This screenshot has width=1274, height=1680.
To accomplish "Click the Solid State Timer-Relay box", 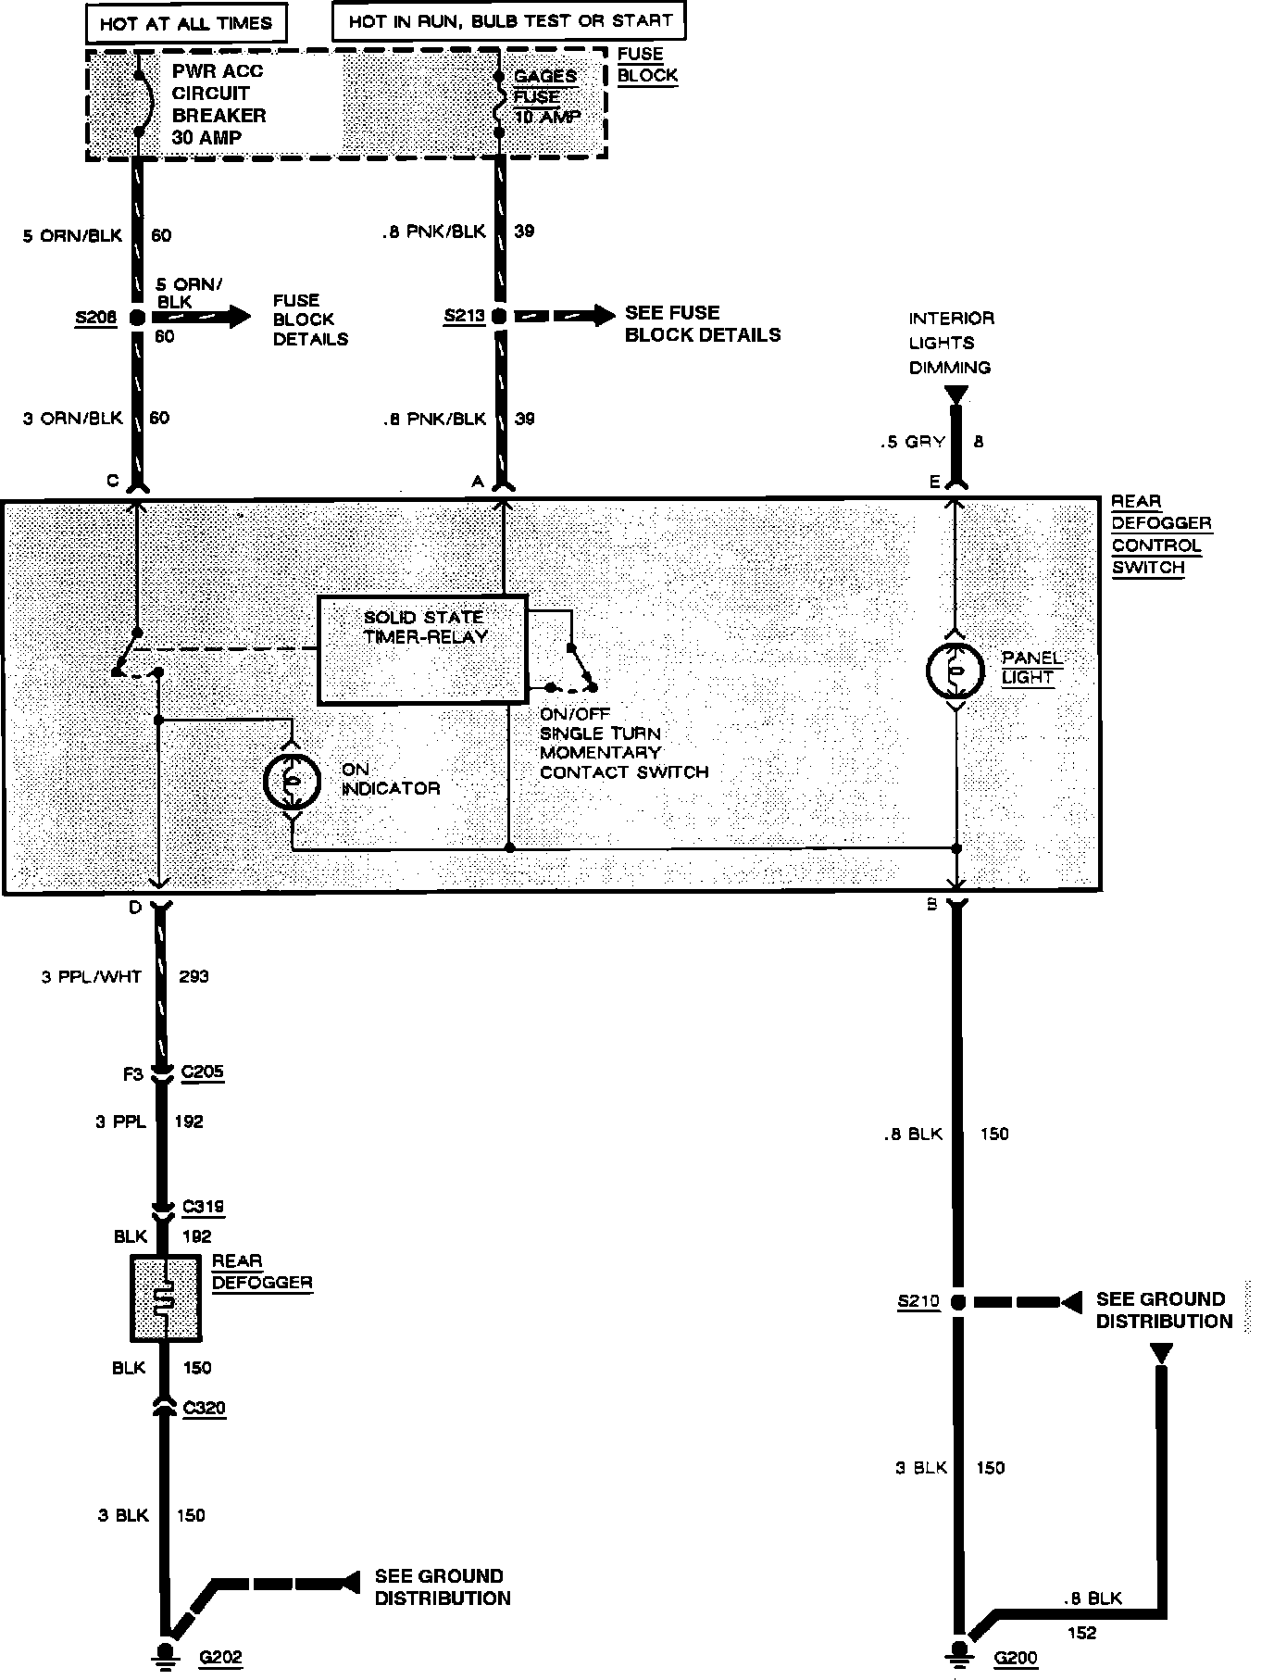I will pyautogui.click(x=422, y=648).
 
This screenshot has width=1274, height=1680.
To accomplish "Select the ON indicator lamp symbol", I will pyautogui.click(x=292, y=782).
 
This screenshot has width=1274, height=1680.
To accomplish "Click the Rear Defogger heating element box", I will pyautogui.click(x=166, y=1298).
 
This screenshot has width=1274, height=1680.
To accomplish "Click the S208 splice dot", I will pyautogui.click(x=137, y=318).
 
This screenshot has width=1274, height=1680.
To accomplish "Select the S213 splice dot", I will pyautogui.click(x=499, y=317).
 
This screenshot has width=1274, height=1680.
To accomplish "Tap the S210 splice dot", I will pyautogui.click(x=958, y=1302).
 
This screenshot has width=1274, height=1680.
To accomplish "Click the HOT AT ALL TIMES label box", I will pyautogui.click(x=186, y=23).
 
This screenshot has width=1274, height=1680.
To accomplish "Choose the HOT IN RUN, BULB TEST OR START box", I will pyautogui.click(x=509, y=20).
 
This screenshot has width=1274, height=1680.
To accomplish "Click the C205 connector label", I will pyautogui.click(x=203, y=1072).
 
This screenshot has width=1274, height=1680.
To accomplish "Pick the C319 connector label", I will pyautogui.click(x=203, y=1207).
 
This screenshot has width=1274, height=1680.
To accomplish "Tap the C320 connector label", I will pyautogui.click(x=204, y=1408).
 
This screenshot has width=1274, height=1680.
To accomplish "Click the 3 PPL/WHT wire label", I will pyautogui.click(x=92, y=976).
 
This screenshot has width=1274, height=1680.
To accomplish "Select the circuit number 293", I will pyautogui.click(x=194, y=976).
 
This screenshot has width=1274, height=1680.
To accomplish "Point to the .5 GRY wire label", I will pyautogui.click(x=912, y=442).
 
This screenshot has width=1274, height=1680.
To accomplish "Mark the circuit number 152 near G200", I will pyautogui.click(x=1082, y=1633).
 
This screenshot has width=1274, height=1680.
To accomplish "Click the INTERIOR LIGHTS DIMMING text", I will pyautogui.click(x=951, y=343).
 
